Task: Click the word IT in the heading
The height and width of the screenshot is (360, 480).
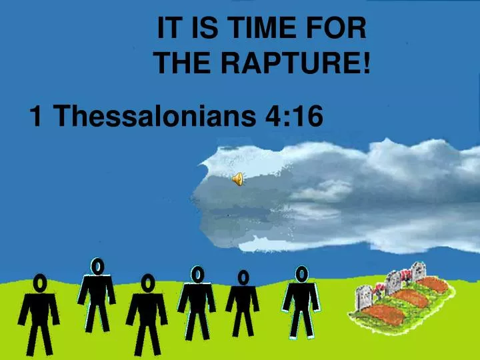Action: (x=167, y=29)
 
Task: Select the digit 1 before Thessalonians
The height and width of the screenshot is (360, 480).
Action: (x=36, y=117)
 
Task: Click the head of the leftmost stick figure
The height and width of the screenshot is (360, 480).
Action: (x=40, y=283)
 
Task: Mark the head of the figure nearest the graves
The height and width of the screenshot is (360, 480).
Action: (x=301, y=273)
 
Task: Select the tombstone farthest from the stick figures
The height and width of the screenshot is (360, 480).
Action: (x=419, y=271)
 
